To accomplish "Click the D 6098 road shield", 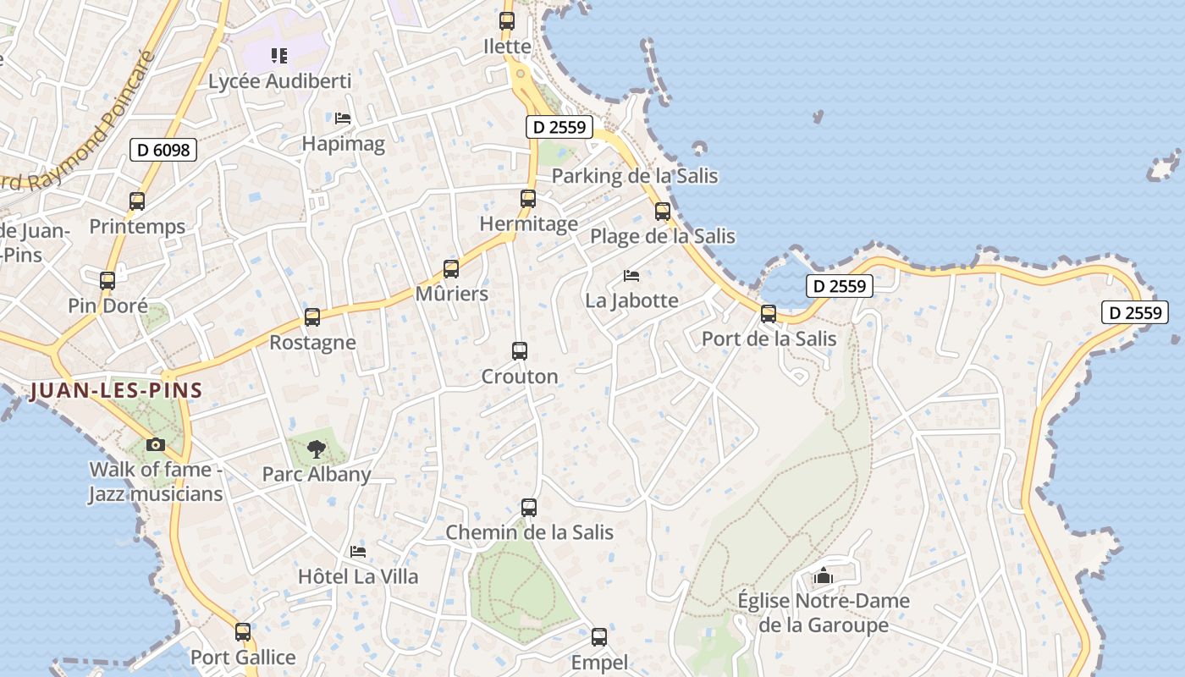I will click(163, 151).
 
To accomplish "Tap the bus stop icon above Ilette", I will click(507, 21).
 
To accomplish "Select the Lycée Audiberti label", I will click(279, 82).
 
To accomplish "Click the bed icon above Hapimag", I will click(343, 118).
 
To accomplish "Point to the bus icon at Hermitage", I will click(528, 199).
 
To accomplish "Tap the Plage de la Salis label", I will click(663, 236).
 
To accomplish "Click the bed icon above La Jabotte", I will click(631, 275).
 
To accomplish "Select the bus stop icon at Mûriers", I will click(451, 269).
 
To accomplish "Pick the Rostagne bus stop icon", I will click(312, 317).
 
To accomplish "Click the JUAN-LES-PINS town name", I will click(116, 391).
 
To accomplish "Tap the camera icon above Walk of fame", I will click(155, 444).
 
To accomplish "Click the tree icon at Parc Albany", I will click(316, 449).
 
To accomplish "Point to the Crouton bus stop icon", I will click(520, 350).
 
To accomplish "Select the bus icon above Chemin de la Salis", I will click(529, 507).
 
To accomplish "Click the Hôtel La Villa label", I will click(358, 577).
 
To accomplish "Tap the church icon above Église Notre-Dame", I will click(823, 576).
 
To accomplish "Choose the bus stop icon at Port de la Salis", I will click(769, 313).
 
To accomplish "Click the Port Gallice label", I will click(243, 658).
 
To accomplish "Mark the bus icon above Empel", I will click(599, 636).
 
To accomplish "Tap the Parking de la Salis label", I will click(635, 176).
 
